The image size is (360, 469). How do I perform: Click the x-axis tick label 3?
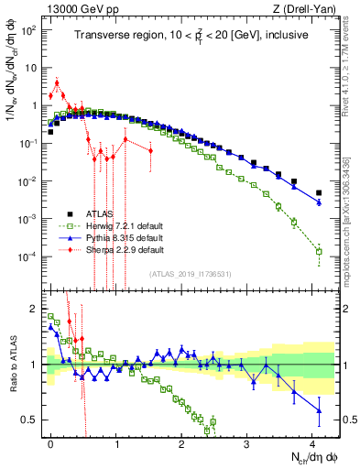tap(247, 442)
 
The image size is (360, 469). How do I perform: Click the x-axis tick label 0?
tap(51, 442)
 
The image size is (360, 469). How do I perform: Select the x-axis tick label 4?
tap(312, 442)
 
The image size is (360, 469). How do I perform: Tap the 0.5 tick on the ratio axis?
tap(33, 420)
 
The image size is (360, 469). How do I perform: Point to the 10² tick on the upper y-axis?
tap(30, 29)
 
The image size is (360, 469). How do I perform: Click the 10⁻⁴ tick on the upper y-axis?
tap(30, 256)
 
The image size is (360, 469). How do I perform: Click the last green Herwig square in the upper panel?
tap(319, 251)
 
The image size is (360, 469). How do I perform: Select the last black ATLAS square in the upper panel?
tap(319, 193)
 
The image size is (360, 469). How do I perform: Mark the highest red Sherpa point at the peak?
tap(57, 83)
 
